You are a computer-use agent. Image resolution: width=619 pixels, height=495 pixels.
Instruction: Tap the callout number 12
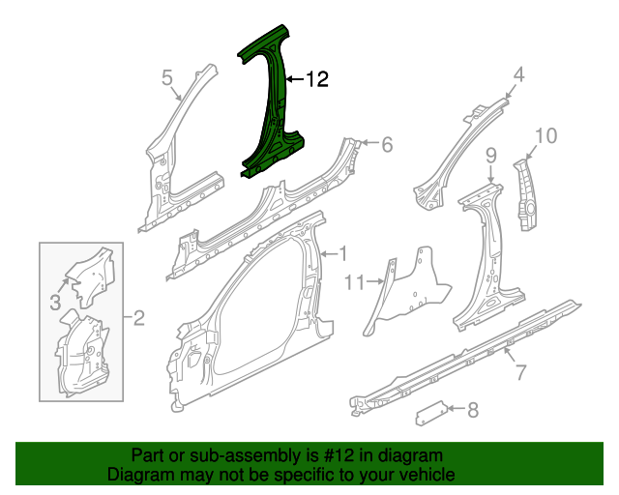317,79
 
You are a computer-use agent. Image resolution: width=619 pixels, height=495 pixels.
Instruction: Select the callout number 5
167,77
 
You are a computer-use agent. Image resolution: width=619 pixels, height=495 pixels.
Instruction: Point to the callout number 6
387,144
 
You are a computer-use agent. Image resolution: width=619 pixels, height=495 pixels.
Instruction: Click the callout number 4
518,74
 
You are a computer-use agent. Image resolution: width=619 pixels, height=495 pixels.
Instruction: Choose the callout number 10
545,135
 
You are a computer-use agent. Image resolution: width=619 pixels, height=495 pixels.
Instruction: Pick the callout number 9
490,156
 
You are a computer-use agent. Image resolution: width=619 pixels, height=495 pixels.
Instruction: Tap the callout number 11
355,282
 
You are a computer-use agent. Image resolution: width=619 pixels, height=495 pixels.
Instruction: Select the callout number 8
473,410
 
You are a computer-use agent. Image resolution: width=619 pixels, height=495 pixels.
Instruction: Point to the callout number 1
343,253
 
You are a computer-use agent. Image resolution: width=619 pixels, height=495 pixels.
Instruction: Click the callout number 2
138,317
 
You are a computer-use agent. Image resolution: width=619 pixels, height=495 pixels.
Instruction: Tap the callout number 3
55,303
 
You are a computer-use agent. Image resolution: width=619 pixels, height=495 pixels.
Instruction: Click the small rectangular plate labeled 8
430,413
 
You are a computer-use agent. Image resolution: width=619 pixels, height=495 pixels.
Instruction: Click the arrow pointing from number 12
295,79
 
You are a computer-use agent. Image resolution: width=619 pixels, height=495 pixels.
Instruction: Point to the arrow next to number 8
456,409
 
